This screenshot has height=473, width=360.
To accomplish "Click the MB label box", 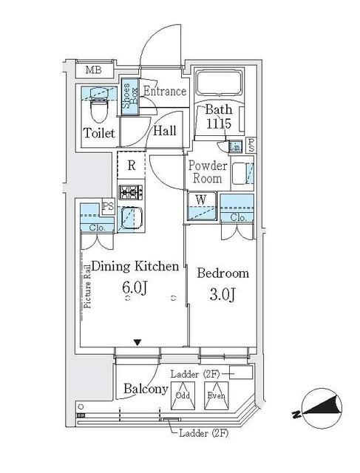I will point(93,71).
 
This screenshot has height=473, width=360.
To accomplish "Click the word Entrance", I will point(164,92).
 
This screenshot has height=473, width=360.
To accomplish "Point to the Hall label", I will point(164,131).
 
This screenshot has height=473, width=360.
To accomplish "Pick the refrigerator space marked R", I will point(131,166).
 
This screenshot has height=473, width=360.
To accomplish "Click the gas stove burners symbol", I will point(131,194).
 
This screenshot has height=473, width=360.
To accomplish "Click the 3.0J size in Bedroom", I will point(222,295).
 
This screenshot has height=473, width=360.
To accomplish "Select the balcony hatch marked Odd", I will point(183,397).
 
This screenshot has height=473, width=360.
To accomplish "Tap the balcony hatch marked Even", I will point(217,397).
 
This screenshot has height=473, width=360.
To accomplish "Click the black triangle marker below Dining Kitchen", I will point(136,341).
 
